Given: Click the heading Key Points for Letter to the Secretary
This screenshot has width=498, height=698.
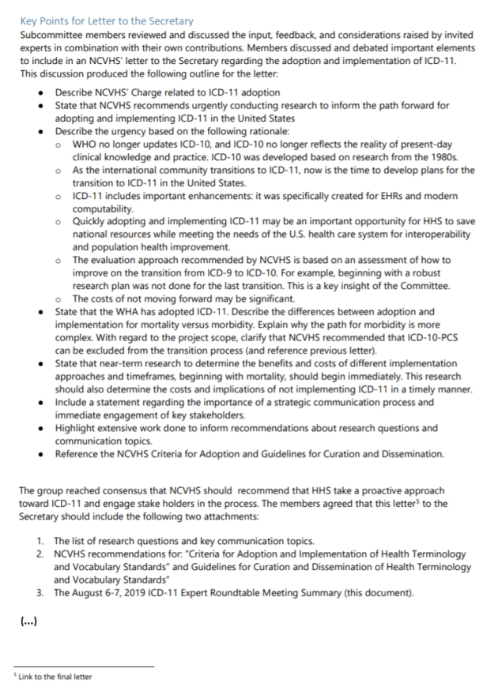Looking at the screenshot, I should tap(106, 21).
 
